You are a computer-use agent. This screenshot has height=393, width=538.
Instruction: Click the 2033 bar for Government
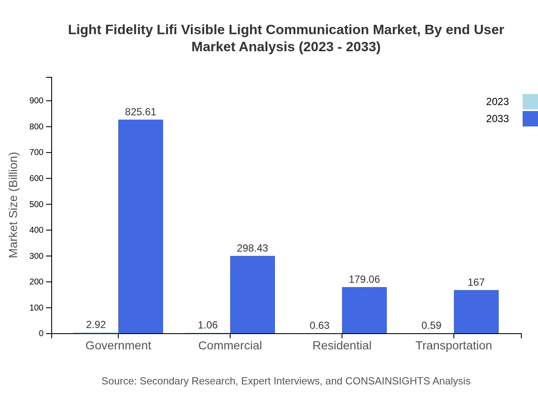coord(140,226)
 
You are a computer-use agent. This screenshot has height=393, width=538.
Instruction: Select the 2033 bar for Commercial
coord(252,295)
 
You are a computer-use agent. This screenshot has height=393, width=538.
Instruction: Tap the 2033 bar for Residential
coord(364,310)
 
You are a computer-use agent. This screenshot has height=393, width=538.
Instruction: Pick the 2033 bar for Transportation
coord(476,312)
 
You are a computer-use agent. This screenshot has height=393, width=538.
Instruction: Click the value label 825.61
coord(140,112)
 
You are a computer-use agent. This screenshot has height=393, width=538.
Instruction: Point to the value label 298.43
coord(252,248)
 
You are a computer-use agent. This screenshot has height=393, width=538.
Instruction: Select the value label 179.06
coord(364,279)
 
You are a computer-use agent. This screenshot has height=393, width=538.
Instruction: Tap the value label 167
coord(476,282)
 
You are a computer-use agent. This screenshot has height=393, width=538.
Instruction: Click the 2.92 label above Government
coord(96,325)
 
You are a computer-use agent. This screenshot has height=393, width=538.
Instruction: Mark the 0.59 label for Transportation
coord(431,326)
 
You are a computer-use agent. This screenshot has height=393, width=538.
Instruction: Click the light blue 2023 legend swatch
coord(530,102)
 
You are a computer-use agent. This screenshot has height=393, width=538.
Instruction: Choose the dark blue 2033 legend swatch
coord(530,119)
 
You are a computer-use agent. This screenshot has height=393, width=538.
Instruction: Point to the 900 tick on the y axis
coord(36,101)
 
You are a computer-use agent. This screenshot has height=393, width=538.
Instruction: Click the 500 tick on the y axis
coord(36,204)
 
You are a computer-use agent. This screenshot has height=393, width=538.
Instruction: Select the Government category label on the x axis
coord(118,346)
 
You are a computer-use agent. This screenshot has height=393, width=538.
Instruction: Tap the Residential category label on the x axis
coord(342,346)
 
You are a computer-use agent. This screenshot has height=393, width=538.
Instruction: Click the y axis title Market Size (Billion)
coord(14,205)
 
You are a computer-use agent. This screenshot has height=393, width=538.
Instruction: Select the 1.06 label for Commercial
coord(208,325)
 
